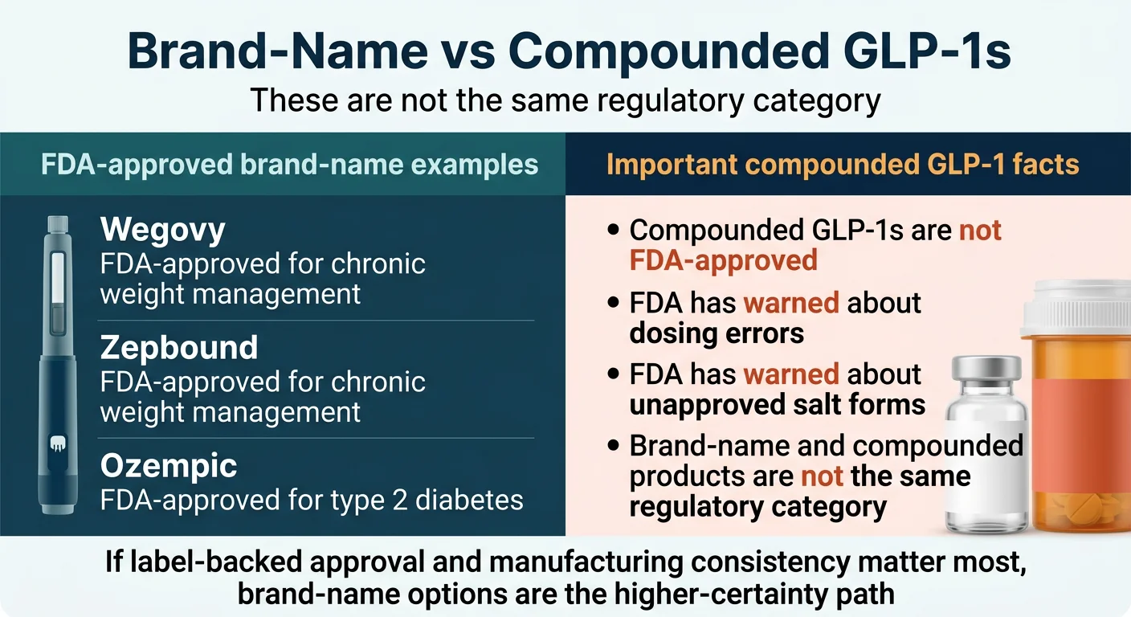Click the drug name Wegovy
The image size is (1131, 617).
[x=163, y=231]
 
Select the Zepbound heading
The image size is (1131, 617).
[x=179, y=348]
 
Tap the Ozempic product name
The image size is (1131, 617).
[x=169, y=465]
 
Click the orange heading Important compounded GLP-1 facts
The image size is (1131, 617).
[x=843, y=165]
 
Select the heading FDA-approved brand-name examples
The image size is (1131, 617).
[x=289, y=165]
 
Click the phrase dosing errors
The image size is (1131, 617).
[x=717, y=333]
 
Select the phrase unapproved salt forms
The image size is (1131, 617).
[x=777, y=404]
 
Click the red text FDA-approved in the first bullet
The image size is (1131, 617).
[x=723, y=260]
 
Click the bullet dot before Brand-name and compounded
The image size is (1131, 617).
[x=614, y=447]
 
